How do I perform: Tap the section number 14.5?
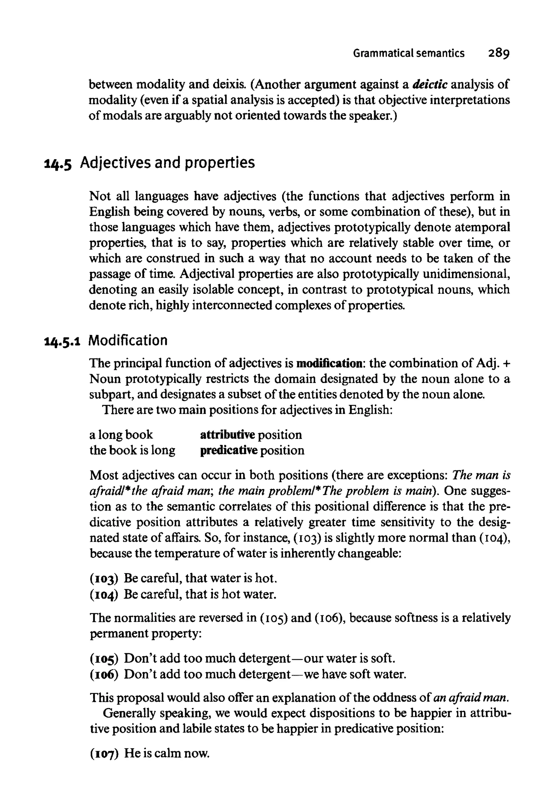tap(58, 163)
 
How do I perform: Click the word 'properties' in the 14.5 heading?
tap(220, 163)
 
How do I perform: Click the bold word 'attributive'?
tap(227, 435)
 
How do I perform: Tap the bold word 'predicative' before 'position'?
tap(229, 450)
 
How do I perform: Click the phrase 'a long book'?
tap(121, 435)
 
